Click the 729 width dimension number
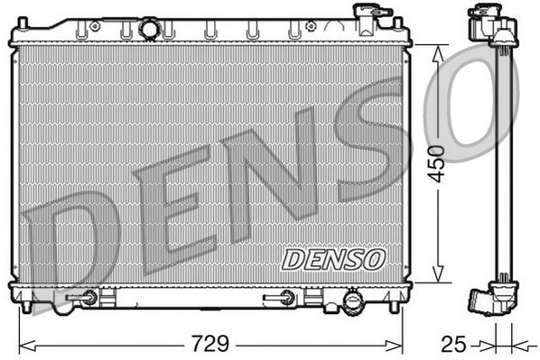click(x=209, y=343)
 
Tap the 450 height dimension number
click(x=435, y=164)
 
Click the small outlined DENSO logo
click(x=333, y=260)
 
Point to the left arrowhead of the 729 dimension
click(x=27, y=346)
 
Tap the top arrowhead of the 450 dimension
click(x=438, y=54)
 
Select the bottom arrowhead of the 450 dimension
click(x=438, y=274)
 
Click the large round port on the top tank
click(x=150, y=28)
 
